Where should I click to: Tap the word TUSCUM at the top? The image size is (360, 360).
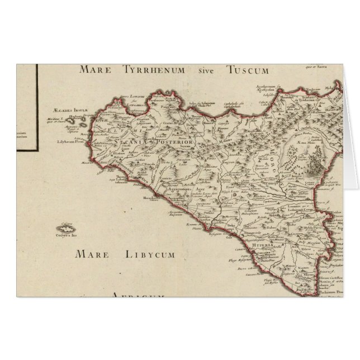(x=249, y=70)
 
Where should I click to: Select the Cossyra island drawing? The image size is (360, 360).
(x=67, y=228)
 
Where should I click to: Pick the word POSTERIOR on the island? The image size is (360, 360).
(x=176, y=143)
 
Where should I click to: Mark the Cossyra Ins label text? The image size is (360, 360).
(x=67, y=235)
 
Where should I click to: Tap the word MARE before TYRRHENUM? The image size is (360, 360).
(x=93, y=70)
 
